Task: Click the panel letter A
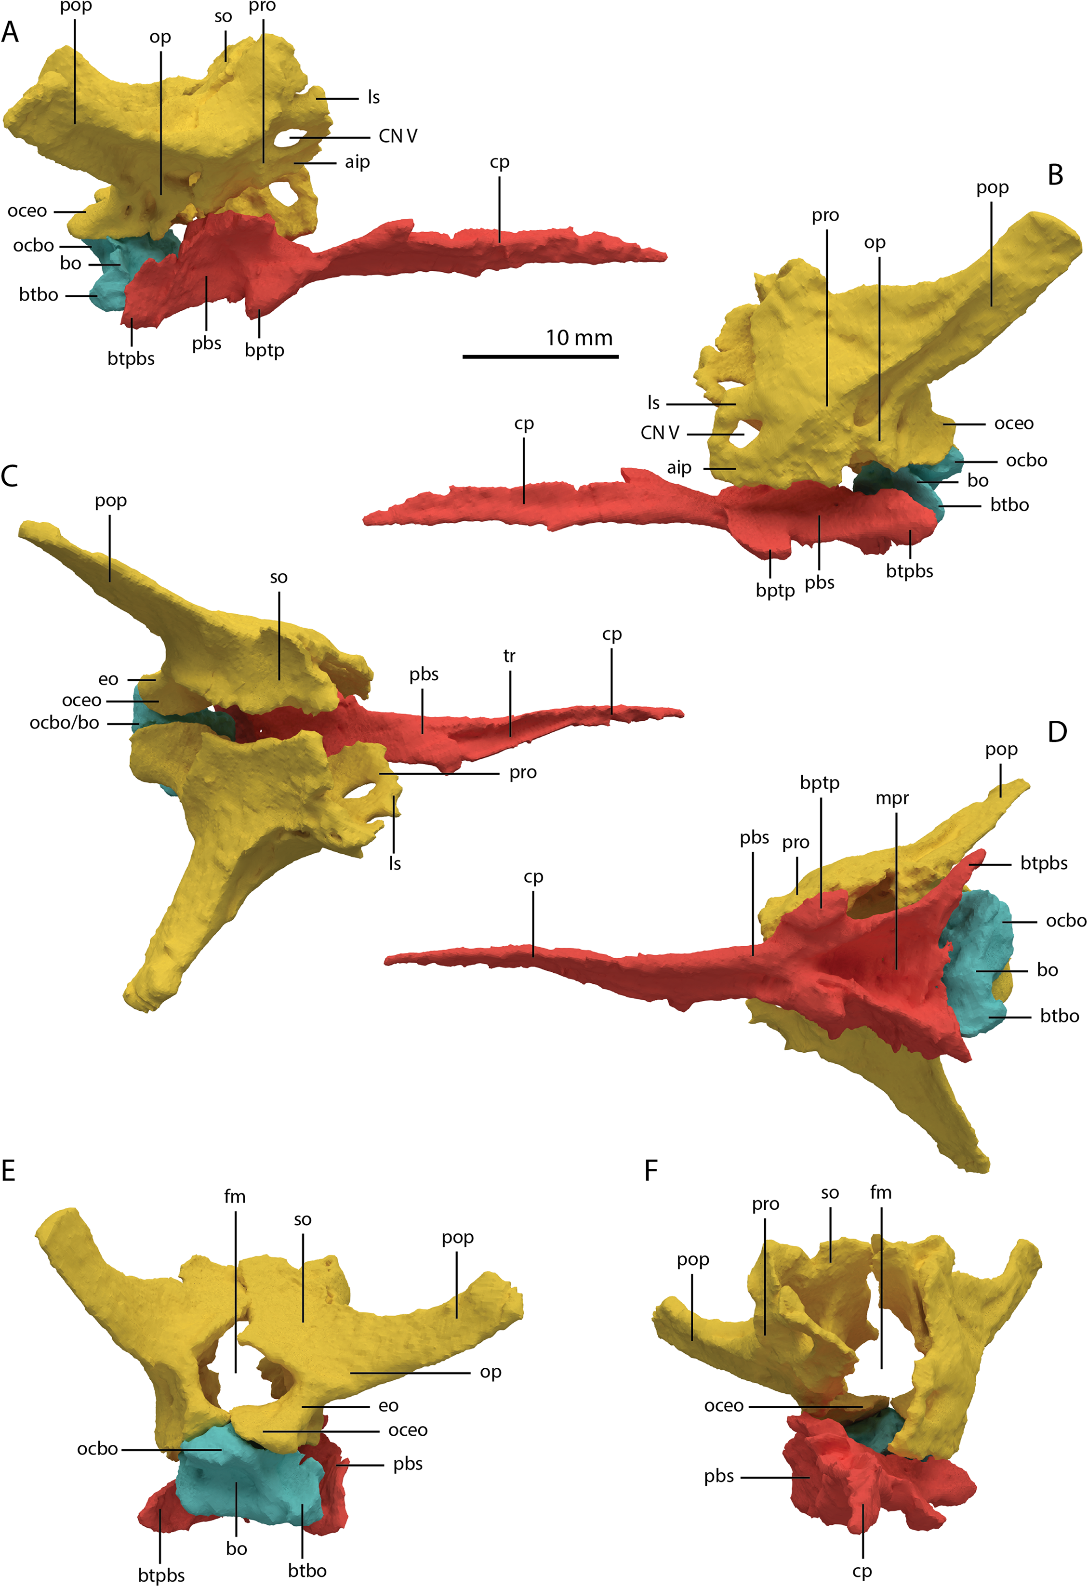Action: (x=10, y=32)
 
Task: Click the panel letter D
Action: (x=1057, y=732)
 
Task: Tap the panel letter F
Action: (x=651, y=1170)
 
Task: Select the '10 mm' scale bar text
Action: (x=579, y=337)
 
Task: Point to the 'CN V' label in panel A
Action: (x=398, y=136)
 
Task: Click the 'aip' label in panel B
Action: (x=679, y=468)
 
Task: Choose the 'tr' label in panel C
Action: (x=509, y=656)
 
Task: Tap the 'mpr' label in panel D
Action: (x=892, y=798)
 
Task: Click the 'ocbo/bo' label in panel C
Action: (x=64, y=723)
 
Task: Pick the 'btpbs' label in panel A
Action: (x=131, y=358)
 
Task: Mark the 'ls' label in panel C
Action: (x=395, y=863)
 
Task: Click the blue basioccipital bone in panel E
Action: (x=249, y=1479)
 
